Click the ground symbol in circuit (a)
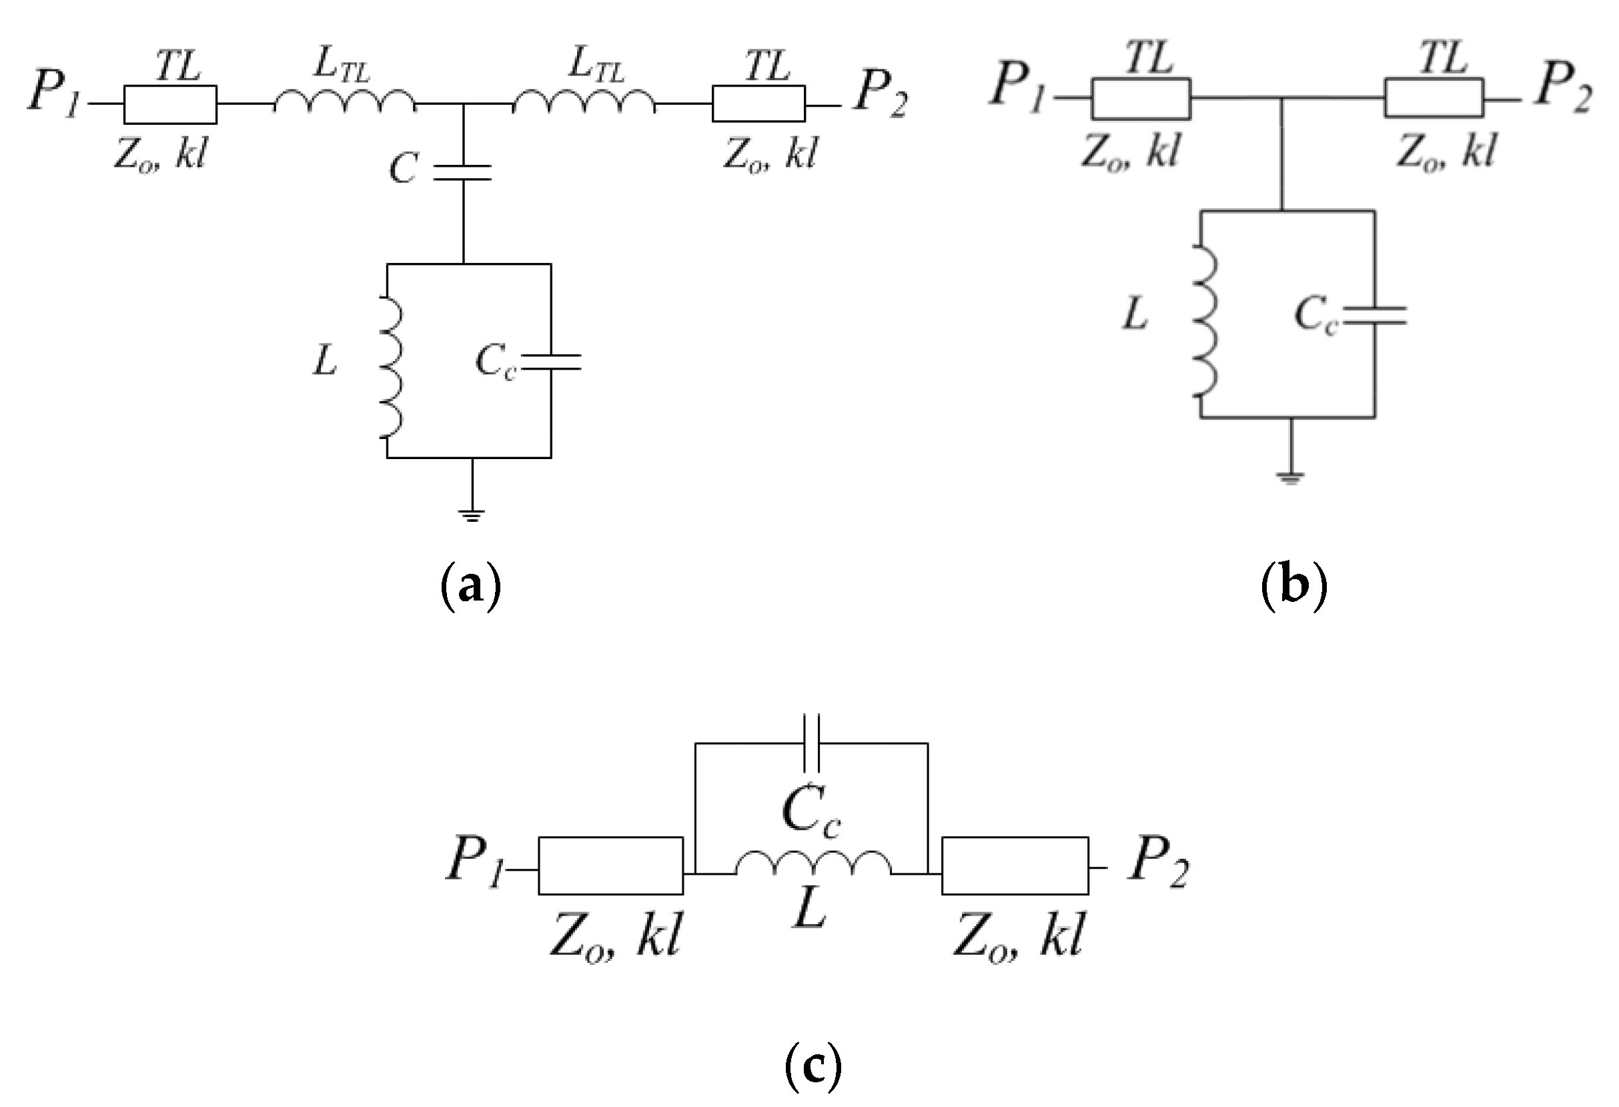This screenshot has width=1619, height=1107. (x=472, y=515)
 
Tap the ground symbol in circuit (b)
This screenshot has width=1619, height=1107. (x=1289, y=477)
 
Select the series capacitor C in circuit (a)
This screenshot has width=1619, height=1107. (x=462, y=172)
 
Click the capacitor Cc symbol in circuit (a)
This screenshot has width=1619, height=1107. (x=550, y=361)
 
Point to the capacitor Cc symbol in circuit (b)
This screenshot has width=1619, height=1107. (x=1374, y=316)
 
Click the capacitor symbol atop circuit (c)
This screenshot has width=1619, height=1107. (x=812, y=743)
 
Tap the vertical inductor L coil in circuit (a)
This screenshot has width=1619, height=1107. (x=391, y=367)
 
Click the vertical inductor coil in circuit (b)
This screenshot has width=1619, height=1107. (x=1205, y=321)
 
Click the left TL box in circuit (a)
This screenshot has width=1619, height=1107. (x=170, y=105)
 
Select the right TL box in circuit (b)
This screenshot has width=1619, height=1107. (x=1434, y=98)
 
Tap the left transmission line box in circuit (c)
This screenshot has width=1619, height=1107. (x=610, y=865)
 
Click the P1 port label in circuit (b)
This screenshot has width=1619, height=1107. (x=1018, y=87)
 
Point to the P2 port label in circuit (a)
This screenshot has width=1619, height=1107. (x=881, y=95)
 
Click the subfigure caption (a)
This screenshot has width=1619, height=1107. (x=471, y=587)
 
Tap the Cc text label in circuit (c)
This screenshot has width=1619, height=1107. (x=811, y=812)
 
